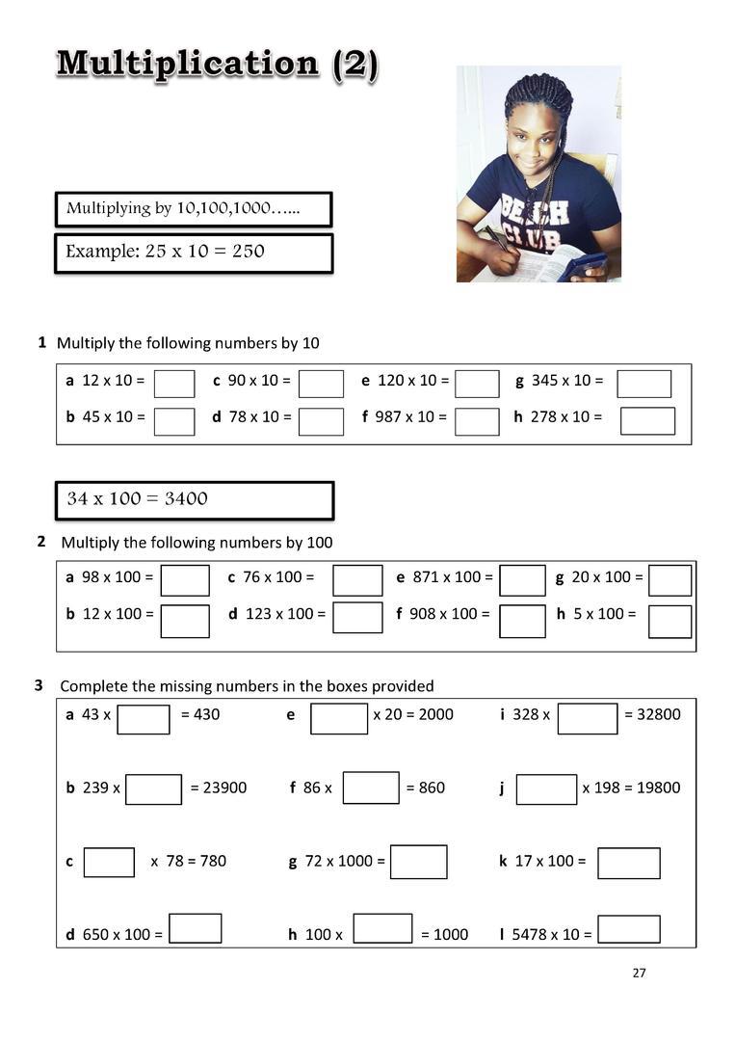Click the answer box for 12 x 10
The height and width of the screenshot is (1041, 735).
click(x=174, y=384)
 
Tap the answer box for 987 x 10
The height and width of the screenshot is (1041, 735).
click(x=477, y=421)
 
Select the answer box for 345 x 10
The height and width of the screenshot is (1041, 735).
click(x=643, y=384)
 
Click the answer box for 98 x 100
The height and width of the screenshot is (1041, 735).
click(x=185, y=580)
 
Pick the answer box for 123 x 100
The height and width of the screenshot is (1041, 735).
click(x=357, y=617)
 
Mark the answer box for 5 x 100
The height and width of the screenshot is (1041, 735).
click(x=669, y=622)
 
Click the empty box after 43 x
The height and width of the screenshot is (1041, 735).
click(x=144, y=718)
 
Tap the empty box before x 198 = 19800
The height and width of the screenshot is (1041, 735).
click(x=546, y=789)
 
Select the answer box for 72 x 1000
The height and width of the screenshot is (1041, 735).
click(x=418, y=862)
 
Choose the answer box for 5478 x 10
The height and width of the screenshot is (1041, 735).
click(x=628, y=929)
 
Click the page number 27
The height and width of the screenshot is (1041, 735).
click(x=640, y=973)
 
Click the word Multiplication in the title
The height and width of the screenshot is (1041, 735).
click(x=187, y=64)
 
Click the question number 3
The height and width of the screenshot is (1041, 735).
click(x=39, y=685)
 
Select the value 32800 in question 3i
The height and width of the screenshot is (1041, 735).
click(x=659, y=714)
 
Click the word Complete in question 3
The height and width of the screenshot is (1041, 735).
click(x=93, y=686)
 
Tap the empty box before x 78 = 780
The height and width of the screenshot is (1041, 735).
click(x=109, y=862)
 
